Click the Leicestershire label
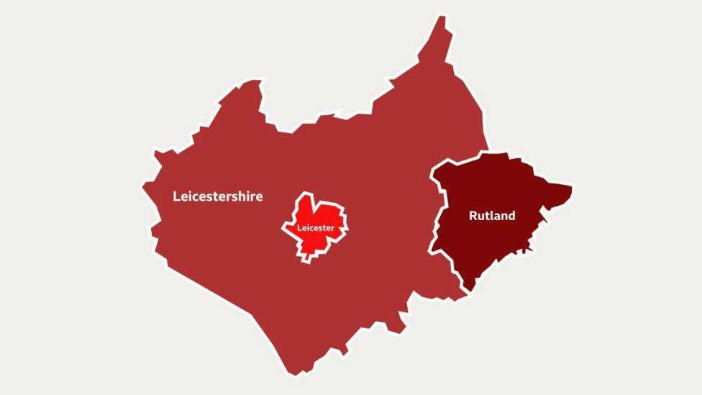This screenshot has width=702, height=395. (218, 196)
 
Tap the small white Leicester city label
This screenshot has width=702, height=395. (316, 228)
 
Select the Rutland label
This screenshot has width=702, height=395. (492, 215)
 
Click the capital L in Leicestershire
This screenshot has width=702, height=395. (177, 196)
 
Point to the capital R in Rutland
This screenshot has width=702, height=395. (473, 215)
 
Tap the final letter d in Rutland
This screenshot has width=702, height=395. (511, 215)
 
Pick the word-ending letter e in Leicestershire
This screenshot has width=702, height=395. (259, 197)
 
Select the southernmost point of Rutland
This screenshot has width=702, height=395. (469, 290)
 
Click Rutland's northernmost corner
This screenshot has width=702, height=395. (483, 154)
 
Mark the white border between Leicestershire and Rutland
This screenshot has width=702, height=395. (436, 216)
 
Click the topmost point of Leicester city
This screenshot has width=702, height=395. (308, 194)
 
